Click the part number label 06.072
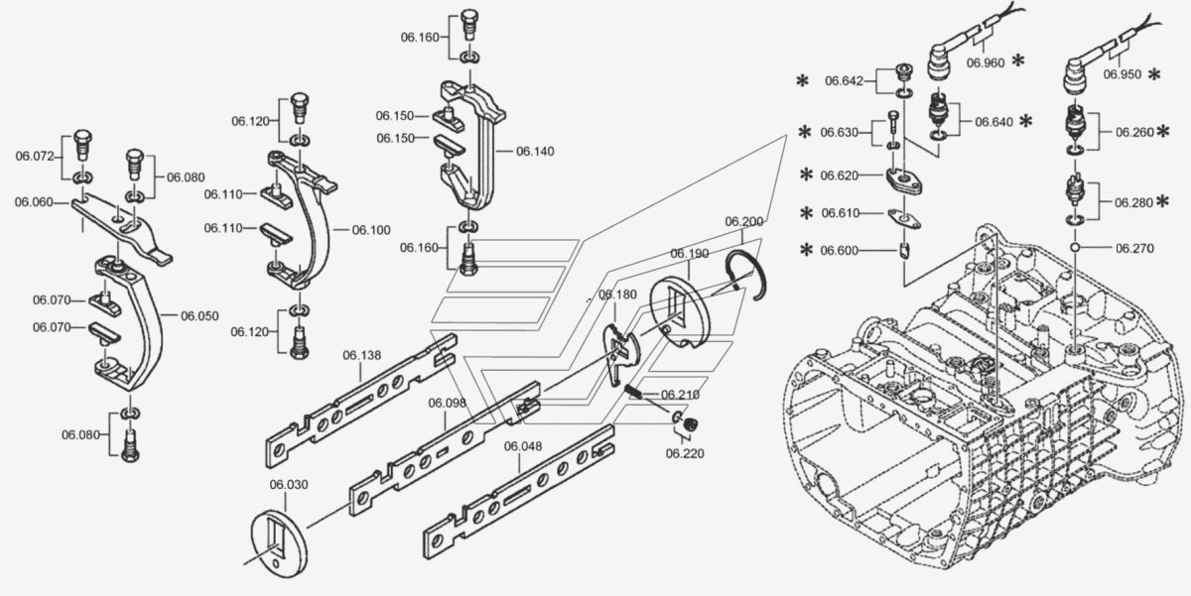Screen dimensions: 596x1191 click(x=35, y=155)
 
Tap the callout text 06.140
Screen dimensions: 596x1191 click(x=535, y=151)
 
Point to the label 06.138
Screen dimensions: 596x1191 click(x=363, y=354)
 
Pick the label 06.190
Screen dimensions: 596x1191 click(x=689, y=254)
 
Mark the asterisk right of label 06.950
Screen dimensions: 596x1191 click(x=1154, y=74)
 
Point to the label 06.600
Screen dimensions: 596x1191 click(x=840, y=251)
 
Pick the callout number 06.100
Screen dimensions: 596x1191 click(x=371, y=230)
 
